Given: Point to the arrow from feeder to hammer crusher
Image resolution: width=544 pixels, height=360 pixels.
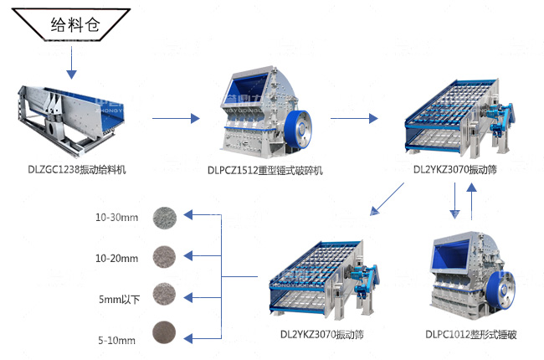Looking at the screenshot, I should pyautogui.click(x=177, y=117).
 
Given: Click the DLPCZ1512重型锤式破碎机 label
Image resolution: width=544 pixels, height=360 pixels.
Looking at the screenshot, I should pyautogui.click(x=264, y=170).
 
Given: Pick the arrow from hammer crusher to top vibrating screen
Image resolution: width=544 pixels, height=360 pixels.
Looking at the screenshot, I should pyautogui.click(x=356, y=117).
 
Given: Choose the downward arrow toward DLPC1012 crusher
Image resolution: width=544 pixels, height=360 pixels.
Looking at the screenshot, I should pyautogui.click(x=454, y=201).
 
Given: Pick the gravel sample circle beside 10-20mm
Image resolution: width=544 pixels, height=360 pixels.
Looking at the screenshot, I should pyautogui.click(x=162, y=256).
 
